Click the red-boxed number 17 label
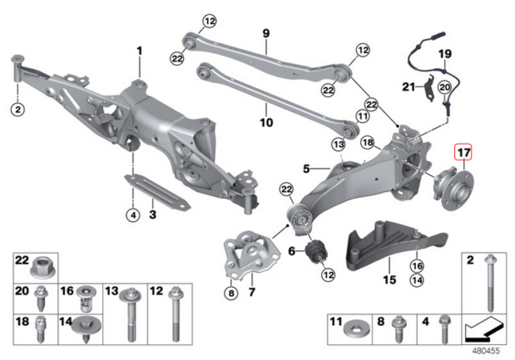[463, 152]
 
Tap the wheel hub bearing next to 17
[454, 188]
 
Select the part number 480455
[486, 351]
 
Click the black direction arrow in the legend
[484, 330]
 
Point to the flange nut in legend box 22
[43, 268]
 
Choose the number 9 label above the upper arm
[266, 34]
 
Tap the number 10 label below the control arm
[266, 122]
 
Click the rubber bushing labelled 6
[316, 252]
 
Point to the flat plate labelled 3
[157, 192]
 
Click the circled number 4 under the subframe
[133, 215]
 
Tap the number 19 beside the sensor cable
[445, 54]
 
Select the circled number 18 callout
[367, 143]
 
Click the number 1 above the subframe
[140, 51]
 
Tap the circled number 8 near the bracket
[231, 292]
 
